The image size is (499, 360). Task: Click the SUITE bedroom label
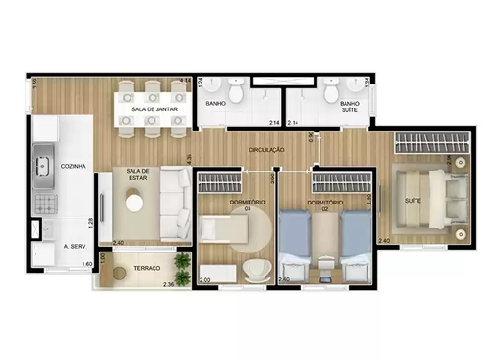(414, 201)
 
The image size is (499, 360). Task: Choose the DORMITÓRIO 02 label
(326, 205)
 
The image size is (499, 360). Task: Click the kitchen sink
(43, 165)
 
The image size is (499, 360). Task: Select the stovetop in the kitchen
(43, 199)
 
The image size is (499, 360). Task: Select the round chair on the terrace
(119, 273)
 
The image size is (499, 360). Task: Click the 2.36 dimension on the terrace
(168, 285)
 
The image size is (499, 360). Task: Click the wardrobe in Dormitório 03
(231, 181)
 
